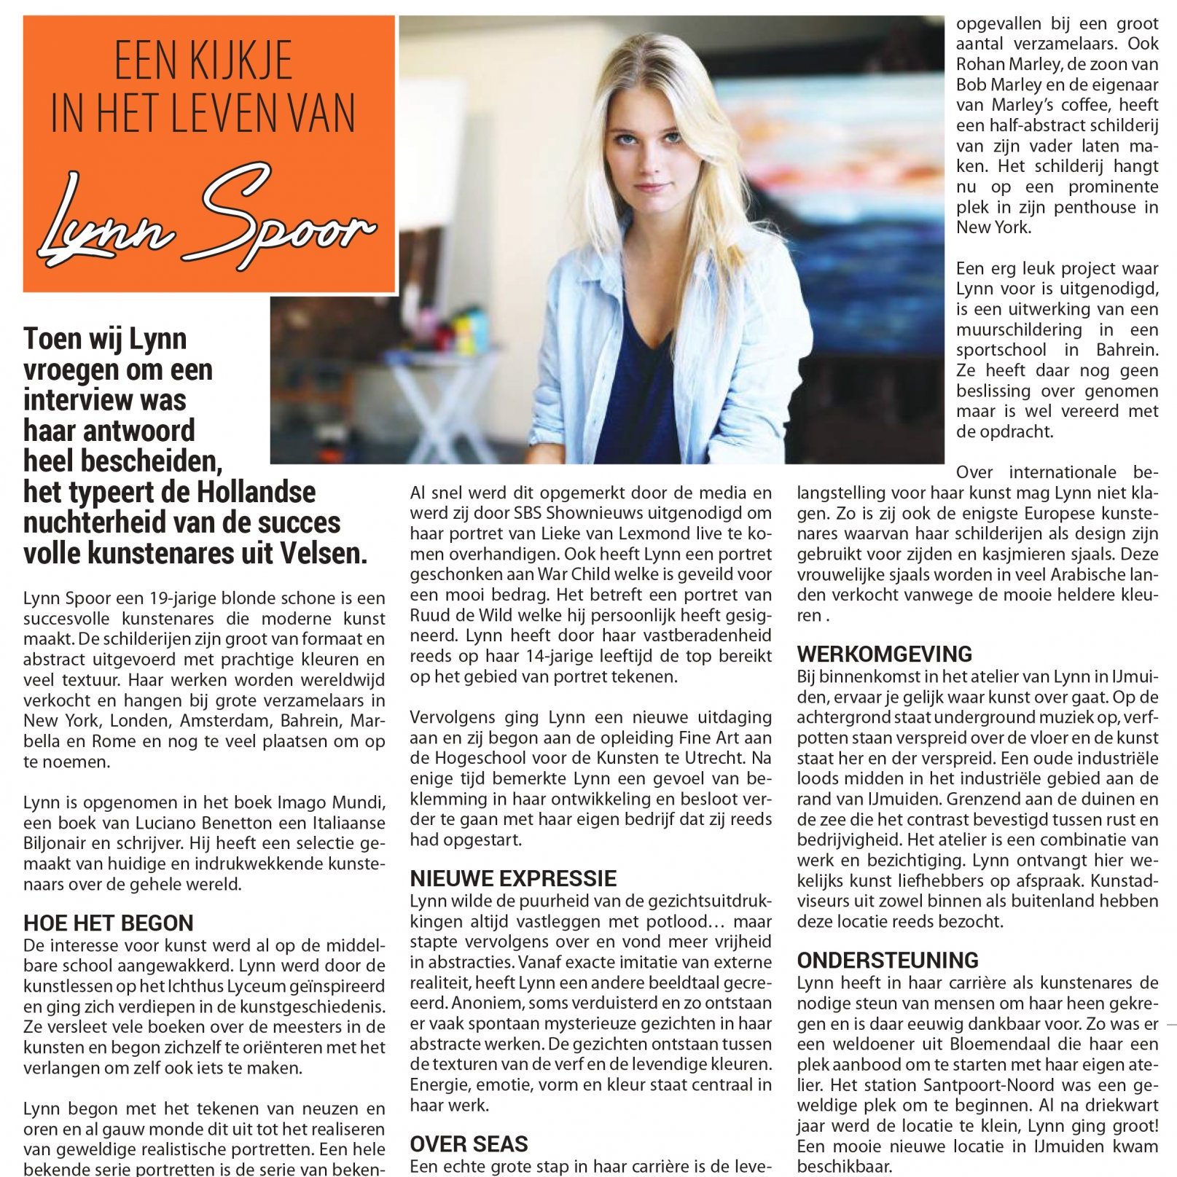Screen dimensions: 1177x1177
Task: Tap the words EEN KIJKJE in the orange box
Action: (203, 61)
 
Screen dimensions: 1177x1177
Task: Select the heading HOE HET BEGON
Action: (109, 923)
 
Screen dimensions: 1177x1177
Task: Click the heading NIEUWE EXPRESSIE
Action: (513, 877)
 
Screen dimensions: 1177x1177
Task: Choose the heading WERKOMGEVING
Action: (885, 653)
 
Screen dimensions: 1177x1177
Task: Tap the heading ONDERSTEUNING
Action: (888, 960)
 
